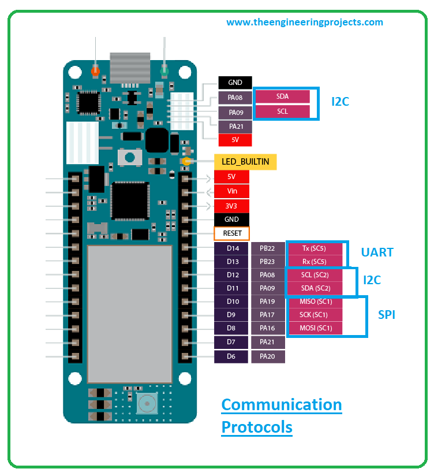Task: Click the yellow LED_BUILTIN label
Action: pos(245,162)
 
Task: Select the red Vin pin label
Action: pos(231,191)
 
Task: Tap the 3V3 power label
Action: pos(231,206)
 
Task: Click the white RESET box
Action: pos(231,233)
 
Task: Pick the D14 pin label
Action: pos(231,248)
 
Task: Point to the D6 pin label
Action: pos(231,356)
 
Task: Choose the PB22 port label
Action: pos(268,248)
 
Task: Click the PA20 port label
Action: pos(268,356)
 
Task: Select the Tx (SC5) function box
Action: pos(315,248)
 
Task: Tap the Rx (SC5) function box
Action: pos(315,262)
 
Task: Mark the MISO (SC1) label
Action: pos(316,302)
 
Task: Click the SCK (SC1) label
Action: pos(315,315)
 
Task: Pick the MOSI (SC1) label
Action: pos(316,328)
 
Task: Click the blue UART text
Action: pos(377,252)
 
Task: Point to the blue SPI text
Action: pos(386,315)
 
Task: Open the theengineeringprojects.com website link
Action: pos(305,22)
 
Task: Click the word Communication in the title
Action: pos(282,405)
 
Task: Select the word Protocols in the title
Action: pos(257,427)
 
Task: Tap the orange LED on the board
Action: pos(95,71)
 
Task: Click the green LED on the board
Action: pos(164,71)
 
